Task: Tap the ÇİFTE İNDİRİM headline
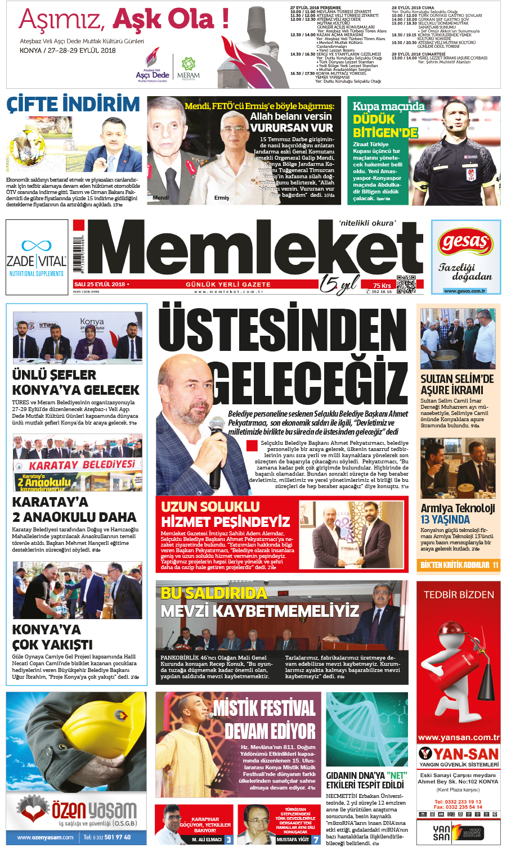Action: (73, 105)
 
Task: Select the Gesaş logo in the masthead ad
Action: (465, 242)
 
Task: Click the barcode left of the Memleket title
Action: (78, 256)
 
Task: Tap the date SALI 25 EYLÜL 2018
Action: (100, 285)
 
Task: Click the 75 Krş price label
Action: (382, 285)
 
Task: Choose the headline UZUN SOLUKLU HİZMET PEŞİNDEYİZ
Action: (225, 514)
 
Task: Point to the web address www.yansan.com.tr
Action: (459, 737)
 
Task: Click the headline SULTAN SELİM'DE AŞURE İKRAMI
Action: (457, 384)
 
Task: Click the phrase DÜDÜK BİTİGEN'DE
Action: (385, 126)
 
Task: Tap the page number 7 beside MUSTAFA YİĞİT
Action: (316, 840)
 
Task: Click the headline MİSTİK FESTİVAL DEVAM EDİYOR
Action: (265, 720)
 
